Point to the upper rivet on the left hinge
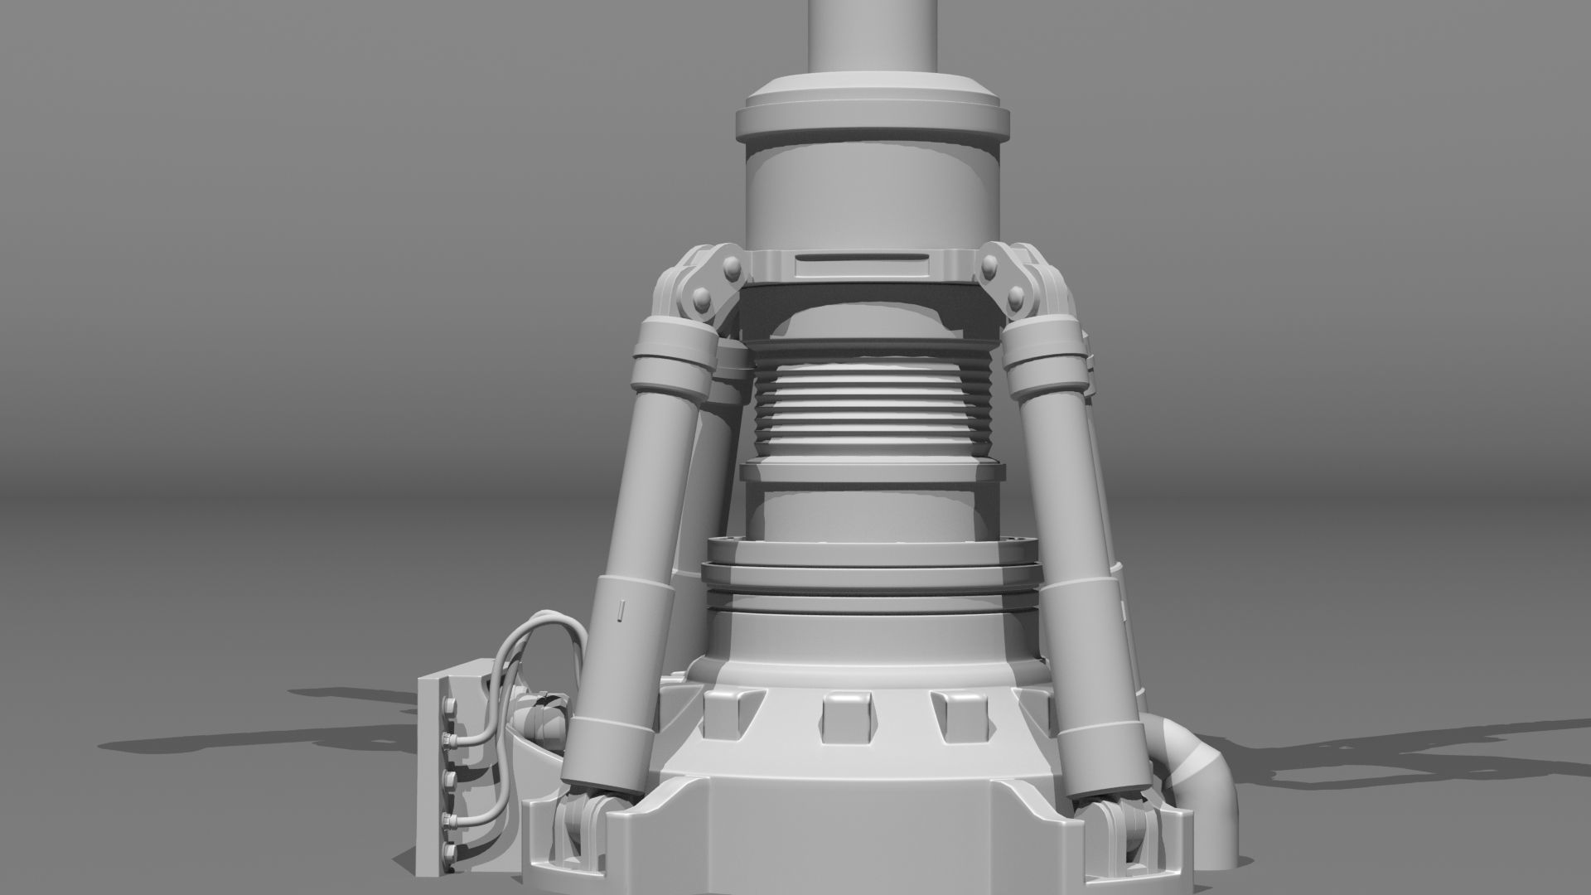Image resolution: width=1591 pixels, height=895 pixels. click(x=733, y=268)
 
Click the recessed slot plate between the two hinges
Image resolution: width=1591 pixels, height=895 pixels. click(x=860, y=266)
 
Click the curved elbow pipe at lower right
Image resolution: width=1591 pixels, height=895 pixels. click(x=1197, y=762)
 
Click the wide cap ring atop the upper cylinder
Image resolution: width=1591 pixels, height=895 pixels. click(x=873, y=116)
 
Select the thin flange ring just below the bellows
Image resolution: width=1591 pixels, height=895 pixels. click(x=872, y=473)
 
